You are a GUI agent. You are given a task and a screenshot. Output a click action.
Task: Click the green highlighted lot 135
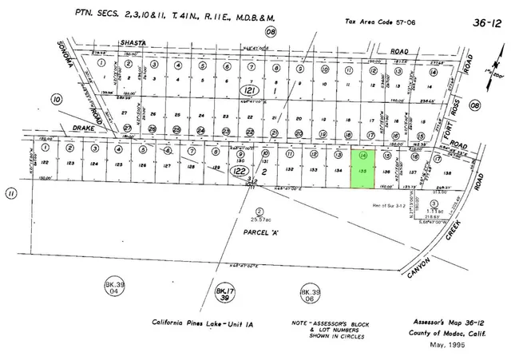coord(363,170)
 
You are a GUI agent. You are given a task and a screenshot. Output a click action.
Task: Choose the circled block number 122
coord(238,169)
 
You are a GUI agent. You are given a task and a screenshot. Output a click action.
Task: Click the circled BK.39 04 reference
coord(117,287)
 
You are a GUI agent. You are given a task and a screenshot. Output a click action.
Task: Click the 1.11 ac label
coord(433,210)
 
